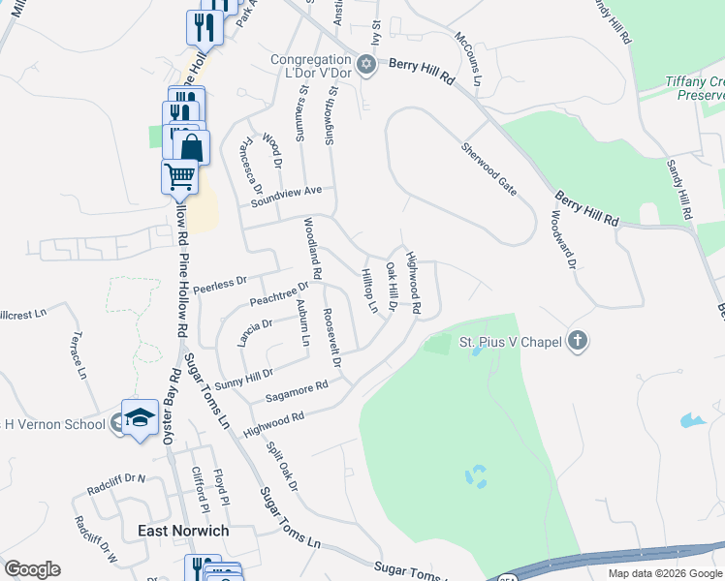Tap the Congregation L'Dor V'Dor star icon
pyautogui.click(x=365, y=66)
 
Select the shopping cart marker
pyautogui.click(x=179, y=177)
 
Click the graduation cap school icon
pyautogui.click(x=140, y=417)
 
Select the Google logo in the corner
pyautogui.click(x=32, y=569)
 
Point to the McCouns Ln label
pyautogui.click(x=468, y=58)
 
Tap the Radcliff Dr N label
pyautogui.click(x=114, y=478)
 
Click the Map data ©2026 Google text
pyautogui.click(x=665, y=573)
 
